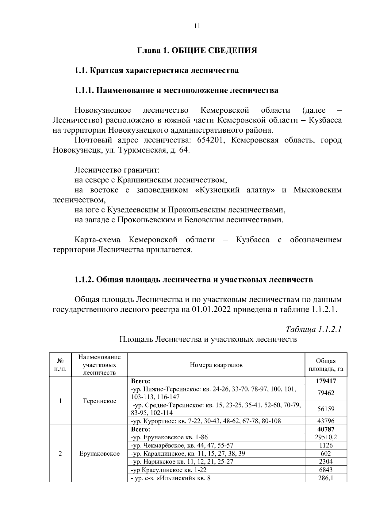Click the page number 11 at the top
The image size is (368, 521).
[197, 26]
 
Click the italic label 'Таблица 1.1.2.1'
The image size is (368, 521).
[313, 329]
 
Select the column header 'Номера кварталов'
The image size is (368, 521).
[216, 365]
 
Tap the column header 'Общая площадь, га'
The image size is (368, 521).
[326, 365]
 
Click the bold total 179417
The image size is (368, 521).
[326, 381]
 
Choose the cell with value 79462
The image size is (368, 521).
[326, 393]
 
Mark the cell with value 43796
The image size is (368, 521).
[326, 421]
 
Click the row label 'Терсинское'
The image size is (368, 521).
[99, 401]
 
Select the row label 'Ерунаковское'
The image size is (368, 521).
[99, 453]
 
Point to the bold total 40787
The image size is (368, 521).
[326, 429]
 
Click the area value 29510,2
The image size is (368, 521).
[326, 437]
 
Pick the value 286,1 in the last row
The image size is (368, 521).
[326, 478]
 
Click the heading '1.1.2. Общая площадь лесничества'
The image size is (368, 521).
[194, 280]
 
